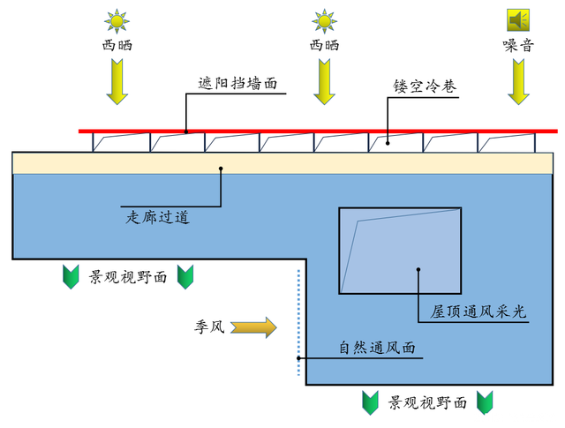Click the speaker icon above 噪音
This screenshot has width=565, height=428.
(518, 20)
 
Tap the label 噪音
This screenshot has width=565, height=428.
(518, 46)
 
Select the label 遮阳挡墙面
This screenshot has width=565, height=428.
(237, 83)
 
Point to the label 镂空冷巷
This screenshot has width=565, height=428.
(425, 86)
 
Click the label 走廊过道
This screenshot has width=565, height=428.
(157, 217)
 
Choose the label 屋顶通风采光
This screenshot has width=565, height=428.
(478, 312)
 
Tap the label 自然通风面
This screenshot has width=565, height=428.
(377, 348)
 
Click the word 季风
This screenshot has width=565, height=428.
(210, 327)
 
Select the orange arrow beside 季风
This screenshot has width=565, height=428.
(253, 327)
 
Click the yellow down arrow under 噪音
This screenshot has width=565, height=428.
(518, 82)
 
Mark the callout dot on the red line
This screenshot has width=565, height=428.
(186, 131)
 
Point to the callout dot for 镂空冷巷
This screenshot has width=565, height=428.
(388, 143)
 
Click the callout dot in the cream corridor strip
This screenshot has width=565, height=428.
(221, 169)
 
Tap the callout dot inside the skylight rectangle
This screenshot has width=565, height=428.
(418, 269)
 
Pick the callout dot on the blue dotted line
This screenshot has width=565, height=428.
(298, 358)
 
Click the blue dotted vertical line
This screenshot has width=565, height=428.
(298, 322)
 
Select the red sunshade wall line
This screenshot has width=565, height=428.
(318, 131)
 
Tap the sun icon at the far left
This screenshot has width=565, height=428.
(117, 21)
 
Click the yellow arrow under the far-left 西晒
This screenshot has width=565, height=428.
(117, 82)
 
